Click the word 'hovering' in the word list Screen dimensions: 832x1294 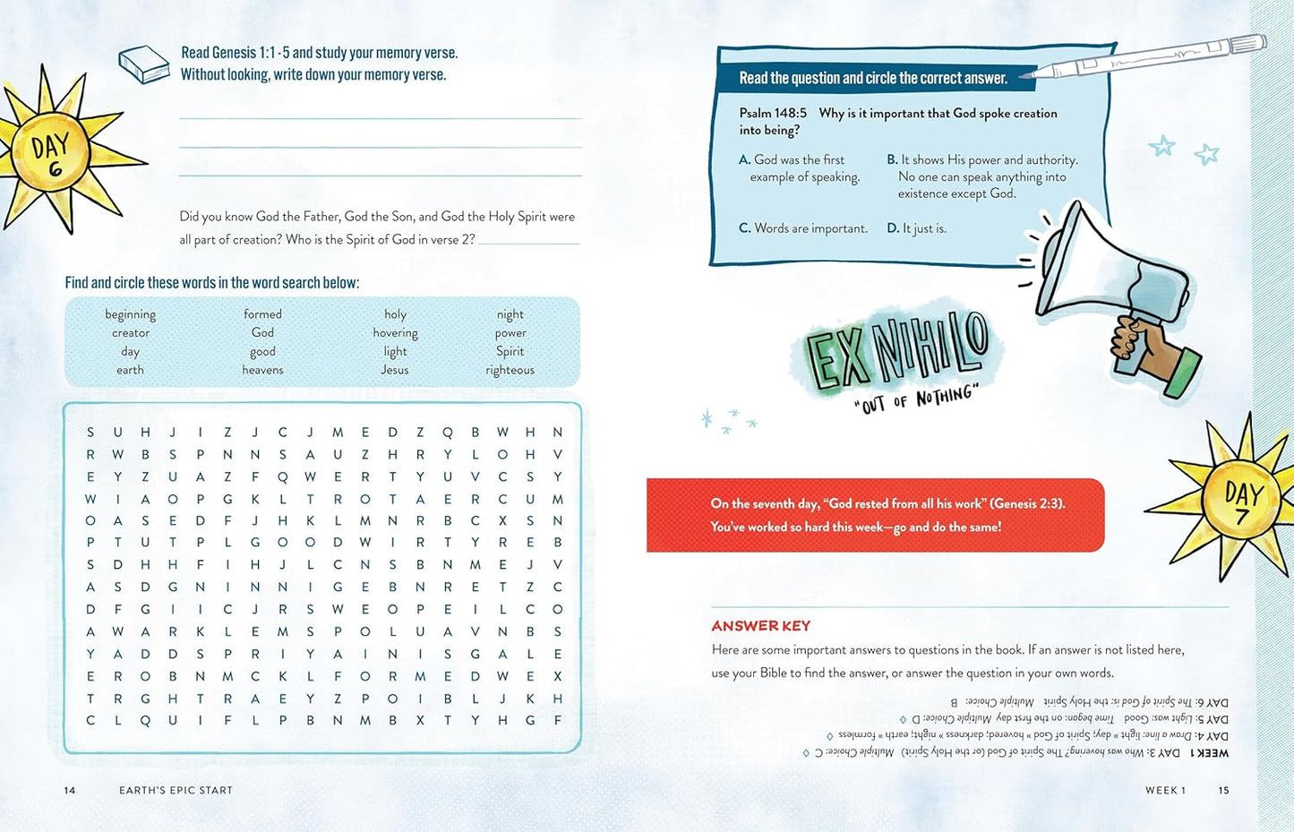[x=395, y=333]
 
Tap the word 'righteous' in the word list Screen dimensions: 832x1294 [x=510, y=370]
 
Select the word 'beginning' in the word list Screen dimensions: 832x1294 [x=130, y=314]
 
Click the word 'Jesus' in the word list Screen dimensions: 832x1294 [x=394, y=370]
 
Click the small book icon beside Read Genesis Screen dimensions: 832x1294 [x=143, y=64]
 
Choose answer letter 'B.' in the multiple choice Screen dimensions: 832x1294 [x=892, y=159]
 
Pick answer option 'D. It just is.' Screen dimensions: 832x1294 [x=916, y=228]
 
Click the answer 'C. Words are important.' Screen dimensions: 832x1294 [x=803, y=228]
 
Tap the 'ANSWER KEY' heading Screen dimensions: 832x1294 [x=760, y=626]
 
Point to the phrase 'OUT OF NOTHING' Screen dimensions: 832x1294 [x=916, y=399]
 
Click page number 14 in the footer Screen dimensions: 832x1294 [x=70, y=790]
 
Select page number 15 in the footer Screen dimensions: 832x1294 [x=1223, y=790]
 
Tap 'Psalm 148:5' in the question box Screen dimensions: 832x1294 [x=773, y=114]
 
